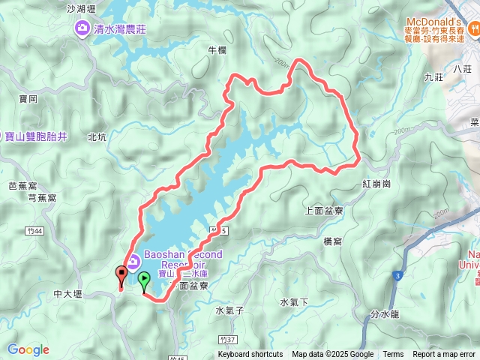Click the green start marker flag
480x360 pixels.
(x=143, y=282)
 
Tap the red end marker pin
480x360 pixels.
(x=121, y=275)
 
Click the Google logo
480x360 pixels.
(x=28, y=349)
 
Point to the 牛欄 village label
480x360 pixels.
(x=216, y=50)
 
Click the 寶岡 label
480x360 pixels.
(x=28, y=98)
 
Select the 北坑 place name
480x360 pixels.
(x=97, y=137)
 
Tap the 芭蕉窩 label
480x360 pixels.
(x=23, y=185)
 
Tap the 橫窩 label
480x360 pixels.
(x=333, y=241)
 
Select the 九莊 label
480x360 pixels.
(x=433, y=76)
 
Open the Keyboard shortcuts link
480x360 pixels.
(x=250, y=355)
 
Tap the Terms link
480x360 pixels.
(x=393, y=355)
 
